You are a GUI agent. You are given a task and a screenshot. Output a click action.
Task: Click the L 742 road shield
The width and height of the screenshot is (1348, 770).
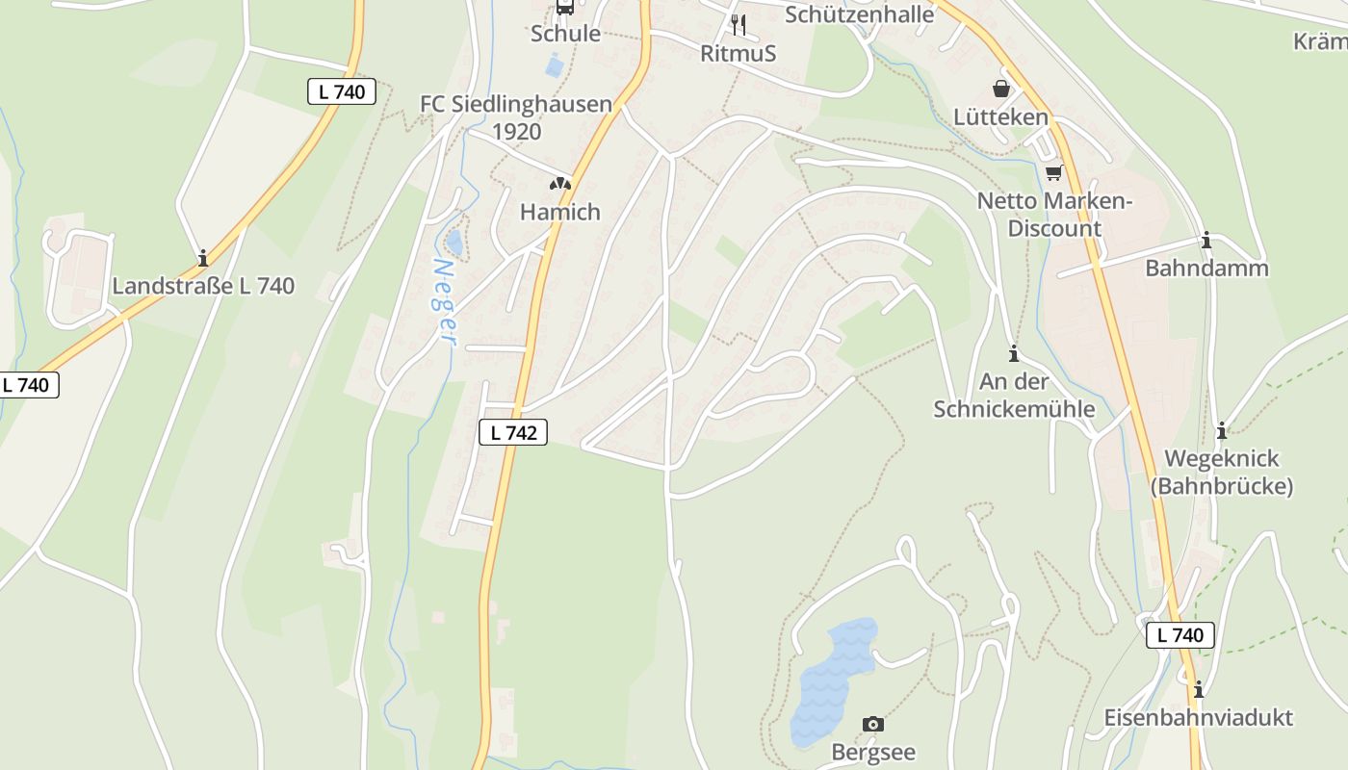[513, 432]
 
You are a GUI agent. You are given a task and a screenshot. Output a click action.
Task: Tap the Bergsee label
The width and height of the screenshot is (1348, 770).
[872, 752]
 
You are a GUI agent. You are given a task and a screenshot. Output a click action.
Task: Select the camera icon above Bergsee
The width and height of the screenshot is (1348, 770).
[872, 724]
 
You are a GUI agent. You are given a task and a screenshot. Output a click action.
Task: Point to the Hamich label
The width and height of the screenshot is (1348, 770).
[559, 212]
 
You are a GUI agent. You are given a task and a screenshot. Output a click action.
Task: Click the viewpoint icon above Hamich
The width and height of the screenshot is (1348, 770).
[560, 183]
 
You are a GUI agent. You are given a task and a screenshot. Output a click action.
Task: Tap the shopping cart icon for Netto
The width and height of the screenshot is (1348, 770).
[1054, 173]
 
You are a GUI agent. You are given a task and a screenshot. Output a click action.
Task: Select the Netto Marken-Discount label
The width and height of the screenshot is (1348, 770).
[1053, 215]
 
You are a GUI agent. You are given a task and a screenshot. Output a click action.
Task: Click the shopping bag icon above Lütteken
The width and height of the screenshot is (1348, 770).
[1001, 89]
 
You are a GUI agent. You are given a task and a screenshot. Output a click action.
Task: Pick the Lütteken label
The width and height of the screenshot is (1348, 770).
[1000, 116]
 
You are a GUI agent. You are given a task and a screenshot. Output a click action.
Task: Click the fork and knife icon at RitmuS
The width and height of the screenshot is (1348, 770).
[739, 24]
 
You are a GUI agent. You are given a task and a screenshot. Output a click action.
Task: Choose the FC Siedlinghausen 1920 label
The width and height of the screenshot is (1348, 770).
[516, 117]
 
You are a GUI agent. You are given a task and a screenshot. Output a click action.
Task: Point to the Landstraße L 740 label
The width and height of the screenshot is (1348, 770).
[203, 286]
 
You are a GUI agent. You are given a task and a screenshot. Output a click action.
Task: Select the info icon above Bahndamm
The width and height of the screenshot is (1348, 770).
[1205, 241]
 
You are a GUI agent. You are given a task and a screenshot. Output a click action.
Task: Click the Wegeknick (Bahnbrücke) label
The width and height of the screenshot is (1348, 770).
[1222, 472]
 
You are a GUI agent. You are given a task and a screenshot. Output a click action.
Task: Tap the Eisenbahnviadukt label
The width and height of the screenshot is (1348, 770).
[1198, 717]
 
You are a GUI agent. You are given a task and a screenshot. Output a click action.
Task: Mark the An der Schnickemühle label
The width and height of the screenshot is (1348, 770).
[1014, 395]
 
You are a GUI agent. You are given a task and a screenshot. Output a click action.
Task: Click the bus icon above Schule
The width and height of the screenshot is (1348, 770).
[565, 8]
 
